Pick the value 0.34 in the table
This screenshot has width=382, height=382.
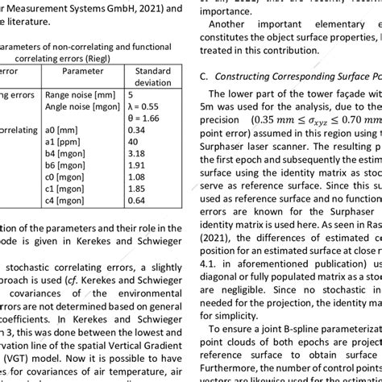point(136,130)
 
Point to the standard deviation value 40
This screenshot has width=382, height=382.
point(133,141)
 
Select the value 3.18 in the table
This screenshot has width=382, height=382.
point(136,153)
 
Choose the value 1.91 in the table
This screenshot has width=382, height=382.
point(136,165)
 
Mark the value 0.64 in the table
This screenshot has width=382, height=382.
point(136,201)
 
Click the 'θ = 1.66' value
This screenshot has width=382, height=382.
point(146,118)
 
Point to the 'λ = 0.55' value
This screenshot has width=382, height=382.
point(146,106)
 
